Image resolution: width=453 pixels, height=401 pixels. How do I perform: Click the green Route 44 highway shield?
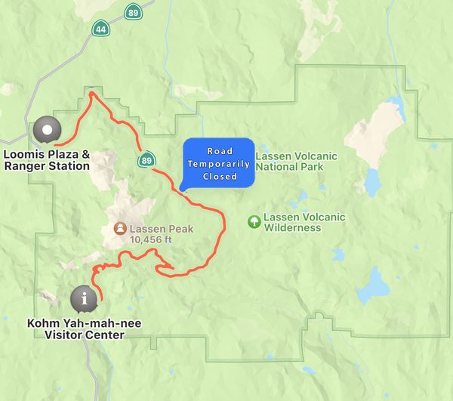(100, 29)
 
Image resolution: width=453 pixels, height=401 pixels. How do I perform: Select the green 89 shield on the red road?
(147, 159)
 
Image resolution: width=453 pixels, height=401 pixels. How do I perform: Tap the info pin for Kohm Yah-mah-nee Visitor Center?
(84, 299)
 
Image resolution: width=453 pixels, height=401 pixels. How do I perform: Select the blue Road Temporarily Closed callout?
(219, 163)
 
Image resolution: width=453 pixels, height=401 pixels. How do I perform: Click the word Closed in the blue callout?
(220, 177)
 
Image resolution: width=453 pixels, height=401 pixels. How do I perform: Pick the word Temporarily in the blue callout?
(220, 164)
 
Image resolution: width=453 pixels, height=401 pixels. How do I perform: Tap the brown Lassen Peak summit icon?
(119, 228)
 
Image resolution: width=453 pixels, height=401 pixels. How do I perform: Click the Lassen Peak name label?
(161, 229)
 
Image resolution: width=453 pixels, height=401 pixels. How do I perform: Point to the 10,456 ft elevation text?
(151, 239)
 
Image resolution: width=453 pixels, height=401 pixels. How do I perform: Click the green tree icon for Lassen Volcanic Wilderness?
(254, 222)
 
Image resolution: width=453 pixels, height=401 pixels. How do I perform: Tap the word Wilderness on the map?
(292, 228)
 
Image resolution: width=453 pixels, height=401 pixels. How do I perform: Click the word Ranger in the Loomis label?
(22, 165)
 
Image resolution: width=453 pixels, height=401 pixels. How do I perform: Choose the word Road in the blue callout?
(220, 151)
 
